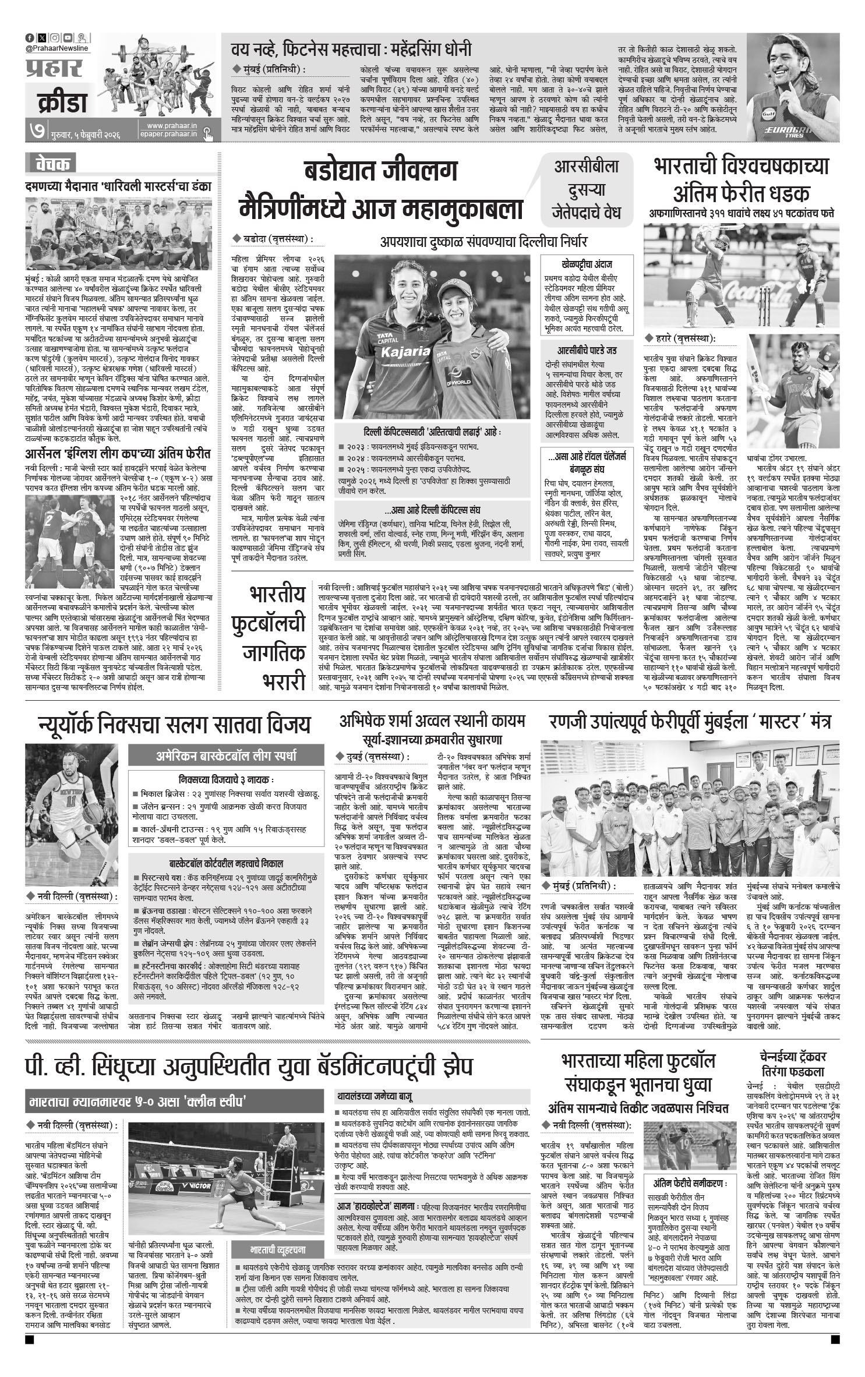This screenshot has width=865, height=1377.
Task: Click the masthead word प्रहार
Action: [54, 68]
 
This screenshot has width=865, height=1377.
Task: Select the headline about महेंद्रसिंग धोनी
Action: [351, 50]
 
